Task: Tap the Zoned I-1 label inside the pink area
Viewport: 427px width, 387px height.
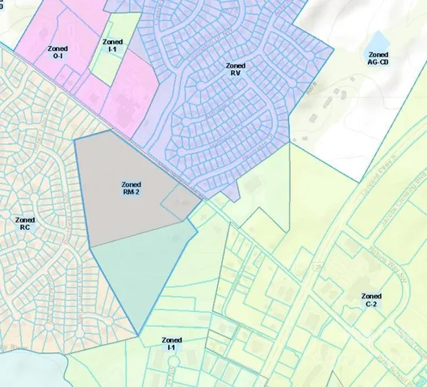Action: (113, 45)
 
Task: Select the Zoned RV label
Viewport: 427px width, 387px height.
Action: (235, 69)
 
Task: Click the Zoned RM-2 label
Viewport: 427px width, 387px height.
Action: (132, 188)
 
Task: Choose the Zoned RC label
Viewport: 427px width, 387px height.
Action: (25, 223)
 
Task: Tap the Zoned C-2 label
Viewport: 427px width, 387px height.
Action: (372, 300)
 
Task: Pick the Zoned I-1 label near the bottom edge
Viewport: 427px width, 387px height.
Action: (172, 343)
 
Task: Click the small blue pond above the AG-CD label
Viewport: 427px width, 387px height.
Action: (378, 40)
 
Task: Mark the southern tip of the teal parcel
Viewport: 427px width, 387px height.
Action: (139, 335)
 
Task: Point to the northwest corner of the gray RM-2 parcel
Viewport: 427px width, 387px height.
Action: (74, 140)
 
